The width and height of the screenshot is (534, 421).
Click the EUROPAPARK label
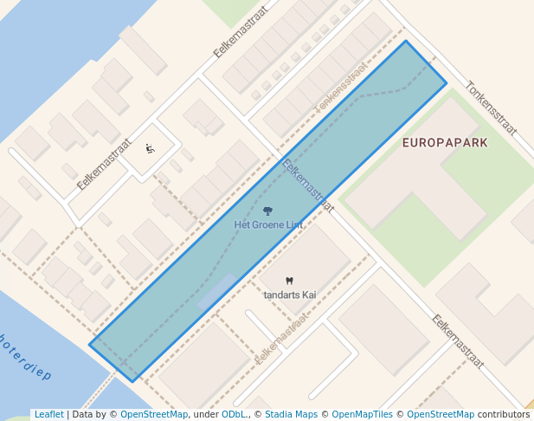click(445, 142)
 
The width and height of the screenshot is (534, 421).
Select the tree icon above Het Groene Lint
click(267, 210)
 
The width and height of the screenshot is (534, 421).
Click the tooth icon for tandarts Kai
click(289, 281)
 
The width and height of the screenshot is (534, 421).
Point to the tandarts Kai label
click(290, 295)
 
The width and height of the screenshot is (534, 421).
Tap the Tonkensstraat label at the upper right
click(491, 108)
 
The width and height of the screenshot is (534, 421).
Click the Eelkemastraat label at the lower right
click(458, 340)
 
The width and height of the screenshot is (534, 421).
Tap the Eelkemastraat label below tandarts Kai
click(282, 338)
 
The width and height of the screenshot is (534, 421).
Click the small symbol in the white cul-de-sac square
click(151, 149)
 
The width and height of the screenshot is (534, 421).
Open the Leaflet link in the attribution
click(48, 414)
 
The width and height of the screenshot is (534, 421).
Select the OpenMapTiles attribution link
click(362, 414)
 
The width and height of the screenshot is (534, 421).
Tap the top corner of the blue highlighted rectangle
click(405, 41)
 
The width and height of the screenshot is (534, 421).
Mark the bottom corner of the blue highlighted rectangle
click(133, 381)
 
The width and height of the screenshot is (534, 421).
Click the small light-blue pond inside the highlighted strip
click(216, 291)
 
